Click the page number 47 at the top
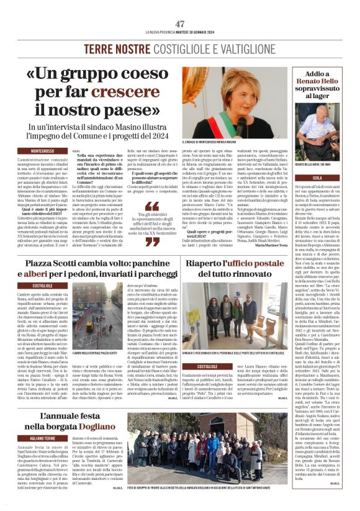(180, 23)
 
